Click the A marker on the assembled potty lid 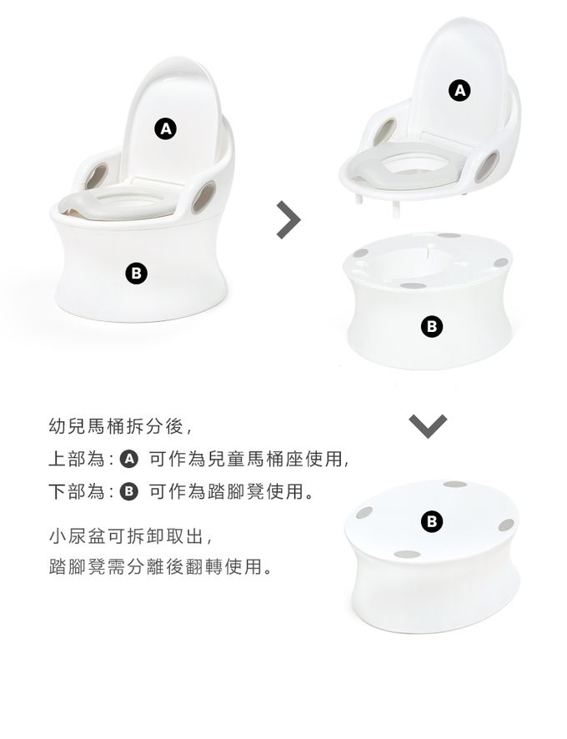tap(166, 128)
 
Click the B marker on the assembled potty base tap(136, 274)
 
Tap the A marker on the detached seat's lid tap(459, 90)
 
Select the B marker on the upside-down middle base tap(432, 326)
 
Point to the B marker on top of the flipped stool tap(432, 522)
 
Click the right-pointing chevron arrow tap(288, 219)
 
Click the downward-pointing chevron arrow tap(428, 426)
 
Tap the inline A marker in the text tap(129, 459)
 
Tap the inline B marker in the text tap(129, 491)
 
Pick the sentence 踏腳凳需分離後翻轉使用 tap(160, 566)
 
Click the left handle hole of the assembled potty tap(97, 175)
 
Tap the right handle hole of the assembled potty tap(203, 197)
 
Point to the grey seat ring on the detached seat tap(409, 165)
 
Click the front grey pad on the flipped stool tap(407, 555)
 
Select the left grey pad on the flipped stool tap(364, 513)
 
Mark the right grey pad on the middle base tap(501, 263)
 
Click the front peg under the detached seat tap(396, 209)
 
